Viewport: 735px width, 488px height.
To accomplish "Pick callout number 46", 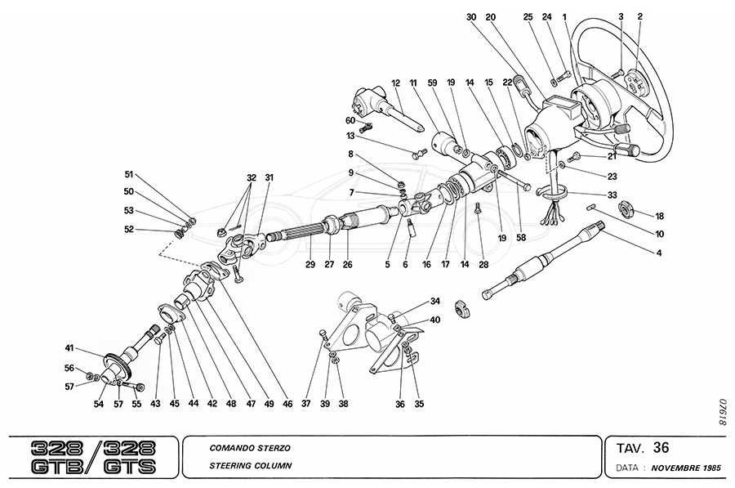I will click(287, 404).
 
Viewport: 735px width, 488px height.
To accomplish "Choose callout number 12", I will click(394, 83).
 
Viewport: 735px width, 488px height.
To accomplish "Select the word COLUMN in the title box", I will click(270, 465).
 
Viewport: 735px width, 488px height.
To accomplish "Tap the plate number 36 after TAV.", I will click(661, 447).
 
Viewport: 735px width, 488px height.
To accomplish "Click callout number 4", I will click(658, 253).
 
